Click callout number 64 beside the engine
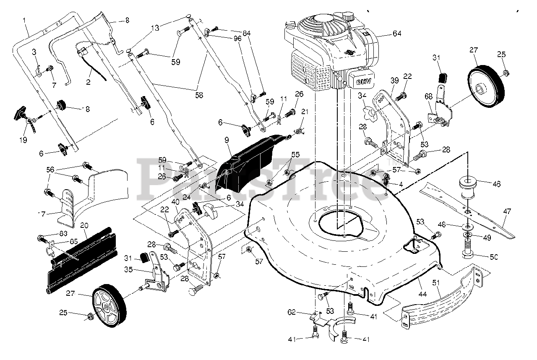(396, 34)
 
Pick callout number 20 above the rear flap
(83, 225)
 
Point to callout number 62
(292, 312)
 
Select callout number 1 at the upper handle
(24, 20)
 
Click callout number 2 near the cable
(88, 82)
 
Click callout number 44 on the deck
(422, 295)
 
